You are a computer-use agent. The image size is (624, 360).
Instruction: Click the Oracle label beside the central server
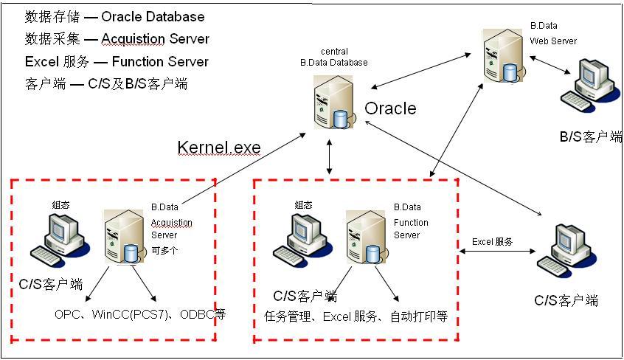[x=390, y=109]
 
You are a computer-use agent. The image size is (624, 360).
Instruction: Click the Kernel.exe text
[x=219, y=148]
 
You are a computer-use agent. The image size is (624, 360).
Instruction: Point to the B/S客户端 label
[x=591, y=136]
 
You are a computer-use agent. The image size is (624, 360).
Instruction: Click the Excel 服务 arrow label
[x=493, y=241]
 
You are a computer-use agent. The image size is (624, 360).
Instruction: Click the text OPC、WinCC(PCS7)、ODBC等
[x=139, y=314]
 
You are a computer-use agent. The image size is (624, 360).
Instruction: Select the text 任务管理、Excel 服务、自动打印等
[x=356, y=318]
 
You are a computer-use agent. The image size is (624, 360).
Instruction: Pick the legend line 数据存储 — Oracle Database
[x=115, y=16]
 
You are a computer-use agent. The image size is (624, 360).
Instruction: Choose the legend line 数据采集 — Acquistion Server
[x=117, y=39]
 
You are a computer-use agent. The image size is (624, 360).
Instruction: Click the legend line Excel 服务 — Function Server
[x=117, y=62]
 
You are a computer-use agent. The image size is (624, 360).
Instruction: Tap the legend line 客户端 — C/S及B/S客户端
[x=106, y=84]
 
